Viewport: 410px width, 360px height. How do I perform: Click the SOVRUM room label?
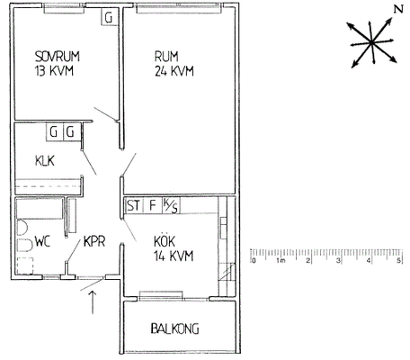point(58,57)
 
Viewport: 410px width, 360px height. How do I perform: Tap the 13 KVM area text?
point(54,71)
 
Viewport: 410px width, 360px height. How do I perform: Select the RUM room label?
point(166,57)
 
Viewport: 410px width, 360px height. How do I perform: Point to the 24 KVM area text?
point(174,71)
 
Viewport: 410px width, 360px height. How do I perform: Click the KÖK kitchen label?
point(165,240)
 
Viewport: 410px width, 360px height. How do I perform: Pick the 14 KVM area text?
point(174,256)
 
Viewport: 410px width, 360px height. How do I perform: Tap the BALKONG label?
point(174,328)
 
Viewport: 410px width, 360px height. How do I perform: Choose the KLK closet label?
point(45,161)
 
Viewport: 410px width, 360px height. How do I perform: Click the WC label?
point(42,241)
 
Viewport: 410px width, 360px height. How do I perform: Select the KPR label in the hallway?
point(94,241)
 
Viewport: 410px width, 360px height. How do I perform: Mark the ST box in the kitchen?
point(133,206)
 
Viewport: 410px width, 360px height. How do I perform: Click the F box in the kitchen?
point(153,206)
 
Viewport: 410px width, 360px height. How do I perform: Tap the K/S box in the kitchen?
point(171,206)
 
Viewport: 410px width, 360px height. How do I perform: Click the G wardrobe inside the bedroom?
point(109,17)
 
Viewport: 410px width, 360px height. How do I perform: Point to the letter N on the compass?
point(398,9)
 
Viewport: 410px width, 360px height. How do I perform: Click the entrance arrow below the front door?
point(93,302)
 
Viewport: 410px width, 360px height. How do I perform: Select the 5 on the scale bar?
point(399,260)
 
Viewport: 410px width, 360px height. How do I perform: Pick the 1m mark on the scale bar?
point(281,260)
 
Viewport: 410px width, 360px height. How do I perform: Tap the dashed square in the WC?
point(24,266)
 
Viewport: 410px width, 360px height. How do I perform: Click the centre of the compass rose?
point(371,42)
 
